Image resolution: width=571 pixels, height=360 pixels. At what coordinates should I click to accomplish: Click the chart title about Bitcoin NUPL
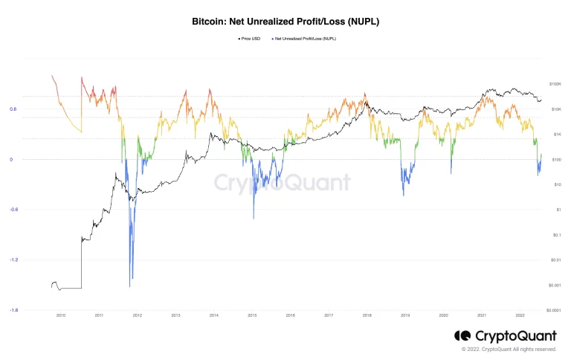pyautogui.click(x=285, y=22)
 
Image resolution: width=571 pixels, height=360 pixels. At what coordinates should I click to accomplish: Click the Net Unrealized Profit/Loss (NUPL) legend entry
pyautogui.click(x=304, y=37)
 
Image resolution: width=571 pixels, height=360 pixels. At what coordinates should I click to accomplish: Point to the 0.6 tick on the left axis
pyautogui.click(x=13, y=109)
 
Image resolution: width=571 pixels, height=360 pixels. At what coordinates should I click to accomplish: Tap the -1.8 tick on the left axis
pyautogui.click(x=13, y=310)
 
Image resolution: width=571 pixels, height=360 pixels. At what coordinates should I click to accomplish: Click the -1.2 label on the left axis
pyautogui.click(x=13, y=260)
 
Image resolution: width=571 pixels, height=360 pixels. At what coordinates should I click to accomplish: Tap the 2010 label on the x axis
pyautogui.click(x=61, y=315)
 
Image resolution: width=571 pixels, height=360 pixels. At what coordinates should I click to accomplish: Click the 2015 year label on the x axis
pyautogui.click(x=252, y=315)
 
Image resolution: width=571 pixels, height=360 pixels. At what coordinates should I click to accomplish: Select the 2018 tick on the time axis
pyautogui.click(x=367, y=315)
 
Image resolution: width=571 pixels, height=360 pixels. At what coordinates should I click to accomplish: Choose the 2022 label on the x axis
pyautogui.click(x=519, y=315)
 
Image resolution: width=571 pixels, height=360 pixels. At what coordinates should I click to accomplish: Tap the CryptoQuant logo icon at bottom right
pyautogui.click(x=462, y=336)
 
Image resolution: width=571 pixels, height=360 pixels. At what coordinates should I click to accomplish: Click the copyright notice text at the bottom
pyautogui.click(x=509, y=349)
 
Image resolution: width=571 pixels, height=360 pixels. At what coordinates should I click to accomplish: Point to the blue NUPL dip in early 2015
pyautogui.click(x=254, y=217)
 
